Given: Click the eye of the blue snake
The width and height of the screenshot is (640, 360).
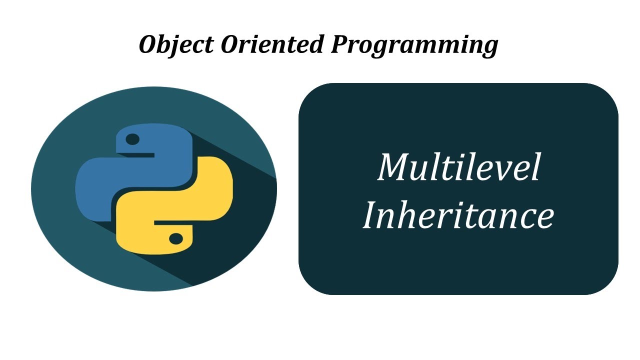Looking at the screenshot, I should click(x=132, y=139).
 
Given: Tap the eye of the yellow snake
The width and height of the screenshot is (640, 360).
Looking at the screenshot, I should click(x=176, y=239).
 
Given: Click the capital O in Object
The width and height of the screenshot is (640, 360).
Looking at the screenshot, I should click(x=149, y=44).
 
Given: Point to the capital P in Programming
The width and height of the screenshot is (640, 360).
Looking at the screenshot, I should click(x=340, y=44).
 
